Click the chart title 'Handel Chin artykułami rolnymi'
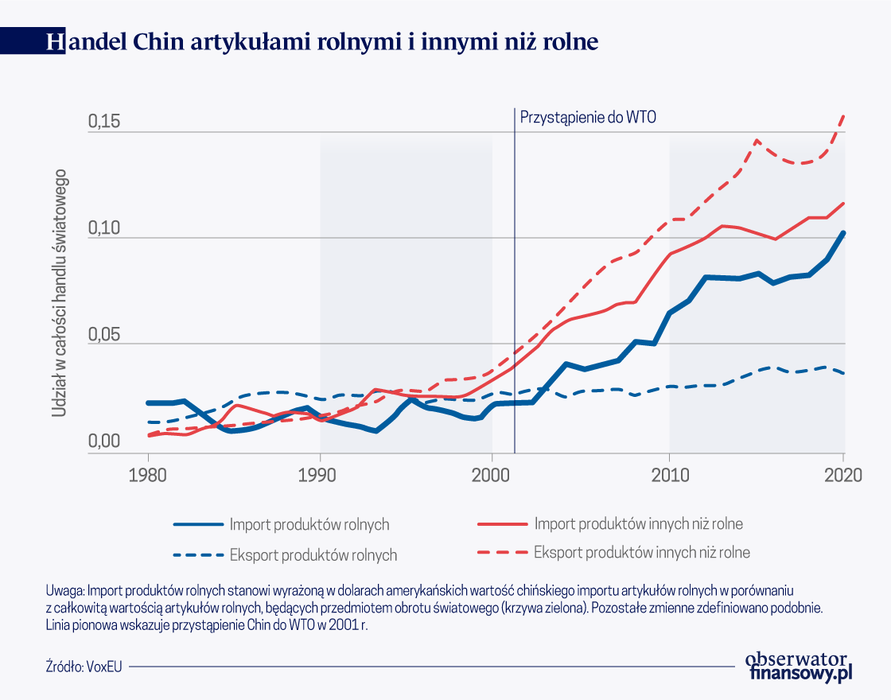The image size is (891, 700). click(322, 41)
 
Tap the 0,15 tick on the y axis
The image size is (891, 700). click(103, 122)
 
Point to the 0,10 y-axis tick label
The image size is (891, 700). click(103, 229)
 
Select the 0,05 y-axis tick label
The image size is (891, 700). click(103, 335)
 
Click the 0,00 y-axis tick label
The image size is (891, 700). click(103, 442)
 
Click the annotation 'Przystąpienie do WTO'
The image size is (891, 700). click(588, 116)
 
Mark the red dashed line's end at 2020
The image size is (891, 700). click(843, 115)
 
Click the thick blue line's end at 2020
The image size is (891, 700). click(843, 233)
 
